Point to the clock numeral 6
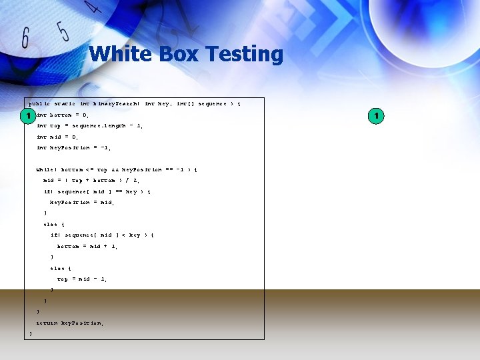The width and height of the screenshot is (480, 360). click(x=25, y=38)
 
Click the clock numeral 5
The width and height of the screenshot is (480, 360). click(x=63, y=31)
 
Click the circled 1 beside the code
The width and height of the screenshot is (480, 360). click(x=27, y=117)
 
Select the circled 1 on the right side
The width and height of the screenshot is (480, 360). click(x=376, y=117)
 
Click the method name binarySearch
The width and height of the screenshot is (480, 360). click(x=116, y=104)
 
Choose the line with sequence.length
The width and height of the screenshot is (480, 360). click(x=89, y=126)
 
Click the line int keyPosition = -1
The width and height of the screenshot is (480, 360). click(x=73, y=148)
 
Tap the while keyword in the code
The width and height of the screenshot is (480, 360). click(x=45, y=169)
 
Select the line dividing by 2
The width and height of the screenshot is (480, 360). click(x=91, y=180)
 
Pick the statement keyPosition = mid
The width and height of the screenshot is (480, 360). click(x=79, y=202)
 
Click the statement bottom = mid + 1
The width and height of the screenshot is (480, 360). click(x=87, y=246)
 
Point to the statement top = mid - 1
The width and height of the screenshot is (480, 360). click(x=82, y=279)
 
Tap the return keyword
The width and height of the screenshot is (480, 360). click(x=47, y=323)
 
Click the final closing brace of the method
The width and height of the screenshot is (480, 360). click(x=31, y=333)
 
